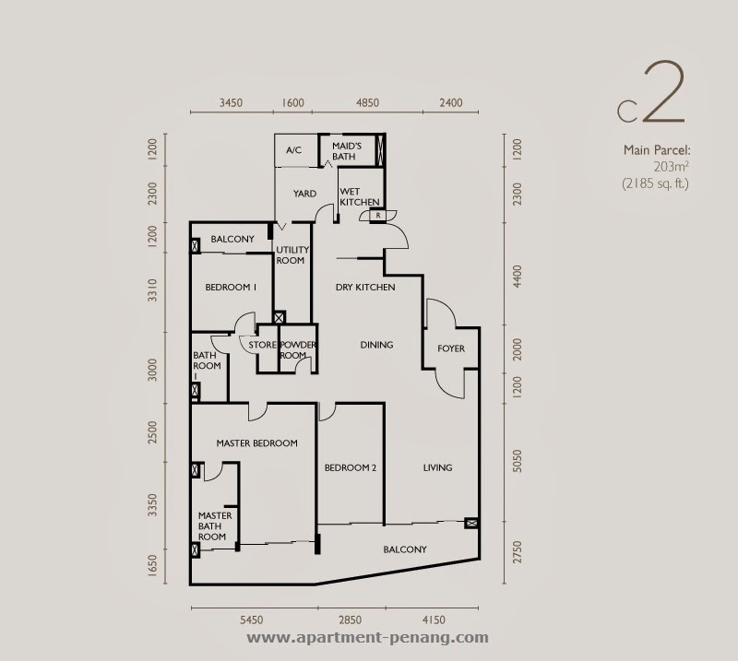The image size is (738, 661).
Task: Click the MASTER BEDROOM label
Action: [257, 443]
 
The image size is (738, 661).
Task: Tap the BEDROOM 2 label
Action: [351, 467]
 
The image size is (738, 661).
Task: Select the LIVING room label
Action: [437, 467]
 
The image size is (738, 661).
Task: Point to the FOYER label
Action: [451, 348]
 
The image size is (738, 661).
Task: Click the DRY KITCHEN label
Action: [365, 287]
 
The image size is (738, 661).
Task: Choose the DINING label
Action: [376, 345]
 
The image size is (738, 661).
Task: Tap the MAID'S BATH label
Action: [347, 151]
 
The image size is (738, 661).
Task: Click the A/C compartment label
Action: [293, 150]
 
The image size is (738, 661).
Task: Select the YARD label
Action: [304, 194]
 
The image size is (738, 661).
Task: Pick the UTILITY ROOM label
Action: [292, 255]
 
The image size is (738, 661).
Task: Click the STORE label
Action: [262, 345]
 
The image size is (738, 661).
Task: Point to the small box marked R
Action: [378, 216]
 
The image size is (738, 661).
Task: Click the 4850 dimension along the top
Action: [367, 102]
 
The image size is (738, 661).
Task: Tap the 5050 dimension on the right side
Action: [517, 461]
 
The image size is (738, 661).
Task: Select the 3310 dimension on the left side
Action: [152, 289]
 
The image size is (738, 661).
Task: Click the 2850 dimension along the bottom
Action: [350, 620]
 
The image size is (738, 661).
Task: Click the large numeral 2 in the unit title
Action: [664, 92]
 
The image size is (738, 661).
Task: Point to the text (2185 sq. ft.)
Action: [655, 183]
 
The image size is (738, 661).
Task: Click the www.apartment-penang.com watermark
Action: [367, 637]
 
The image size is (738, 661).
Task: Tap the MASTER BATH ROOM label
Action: [215, 526]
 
